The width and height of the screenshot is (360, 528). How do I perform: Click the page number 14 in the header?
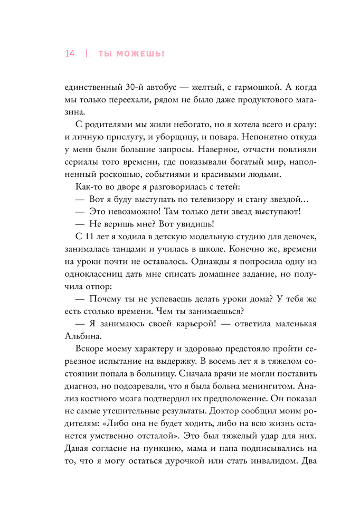70,54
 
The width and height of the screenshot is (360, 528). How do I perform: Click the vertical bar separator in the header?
86,54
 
